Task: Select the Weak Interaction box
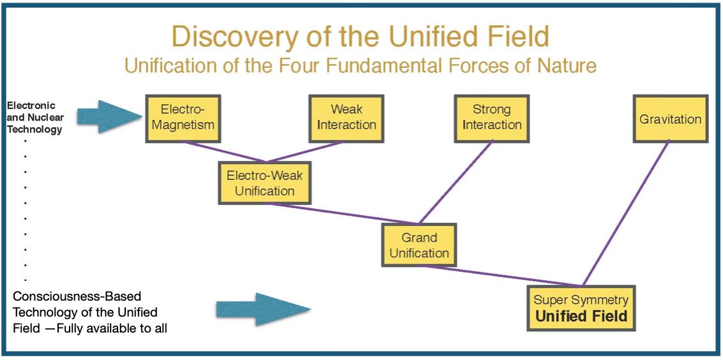[x=346, y=119]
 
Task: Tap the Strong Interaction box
[x=492, y=119]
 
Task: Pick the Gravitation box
[x=670, y=119]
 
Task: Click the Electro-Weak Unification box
[x=264, y=183]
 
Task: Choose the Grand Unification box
[x=419, y=244]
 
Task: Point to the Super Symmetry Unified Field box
[x=581, y=308]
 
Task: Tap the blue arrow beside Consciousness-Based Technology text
[x=262, y=309]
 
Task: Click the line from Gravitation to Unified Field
[x=626, y=214]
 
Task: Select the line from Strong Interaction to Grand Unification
[x=455, y=182]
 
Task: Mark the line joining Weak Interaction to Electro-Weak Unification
[x=305, y=152]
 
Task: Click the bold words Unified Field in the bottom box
[x=581, y=316]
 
